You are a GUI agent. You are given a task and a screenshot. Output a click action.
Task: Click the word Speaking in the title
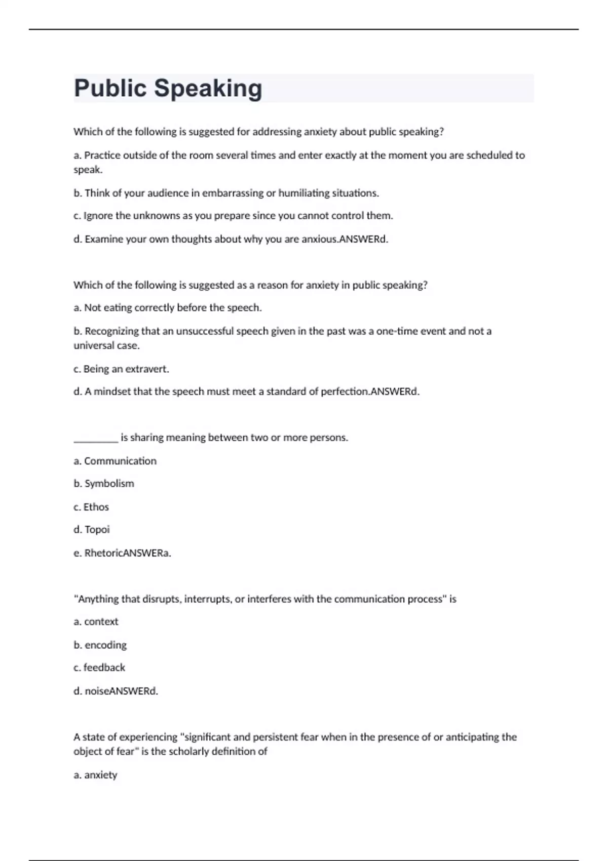[x=208, y=89]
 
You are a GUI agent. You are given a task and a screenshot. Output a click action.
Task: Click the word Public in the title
[x=110, y=89]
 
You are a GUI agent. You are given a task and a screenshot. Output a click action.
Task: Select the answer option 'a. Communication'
[x=115, y=461]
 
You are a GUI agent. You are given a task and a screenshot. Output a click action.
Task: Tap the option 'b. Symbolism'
[x=104, y=484]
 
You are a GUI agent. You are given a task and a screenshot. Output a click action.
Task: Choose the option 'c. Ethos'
[x=91, y=507]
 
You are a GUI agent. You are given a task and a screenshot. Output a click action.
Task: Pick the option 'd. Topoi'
[x=92, y=530]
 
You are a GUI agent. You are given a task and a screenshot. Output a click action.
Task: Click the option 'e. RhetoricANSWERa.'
[x=122, y=553]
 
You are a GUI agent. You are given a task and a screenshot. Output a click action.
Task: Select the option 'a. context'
[x=96, y=621]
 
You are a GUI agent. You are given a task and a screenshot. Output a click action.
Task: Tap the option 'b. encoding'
[x=100, y=645]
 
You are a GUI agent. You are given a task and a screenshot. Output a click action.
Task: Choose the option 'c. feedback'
[x=99, y=668]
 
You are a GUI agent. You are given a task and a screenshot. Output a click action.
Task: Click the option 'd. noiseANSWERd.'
[x=116, y=691]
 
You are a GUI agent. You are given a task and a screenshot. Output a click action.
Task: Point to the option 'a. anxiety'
[x=95, y=775]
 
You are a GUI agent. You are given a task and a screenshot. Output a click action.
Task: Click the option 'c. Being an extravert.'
[x=121, y=369]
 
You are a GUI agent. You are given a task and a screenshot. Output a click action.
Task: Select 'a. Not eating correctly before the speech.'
[x=168, y=307]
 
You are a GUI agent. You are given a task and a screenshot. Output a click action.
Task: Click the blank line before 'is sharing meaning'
[x=96, y=438]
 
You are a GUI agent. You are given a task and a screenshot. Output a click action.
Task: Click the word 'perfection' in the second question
[x=344, y=392]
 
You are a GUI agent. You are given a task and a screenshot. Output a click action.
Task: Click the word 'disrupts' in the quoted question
[x=161, y=599]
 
